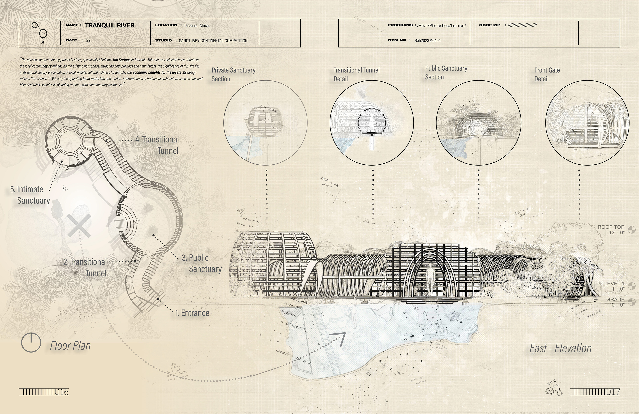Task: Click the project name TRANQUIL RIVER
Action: click(109, 25)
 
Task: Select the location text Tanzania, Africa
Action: click(196, 25)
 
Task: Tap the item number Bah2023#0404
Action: click(427, 41)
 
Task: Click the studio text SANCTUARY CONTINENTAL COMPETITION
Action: click(213, 41)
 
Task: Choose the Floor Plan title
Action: click(70, 346)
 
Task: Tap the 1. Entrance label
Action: click(192, 313)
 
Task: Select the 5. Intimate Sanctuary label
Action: click(30, 195)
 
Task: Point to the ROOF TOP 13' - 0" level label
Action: click(611, 230)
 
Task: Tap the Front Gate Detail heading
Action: click(547, 74)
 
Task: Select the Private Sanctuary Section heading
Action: click(233, 74)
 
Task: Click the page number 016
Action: click(61, 392)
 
